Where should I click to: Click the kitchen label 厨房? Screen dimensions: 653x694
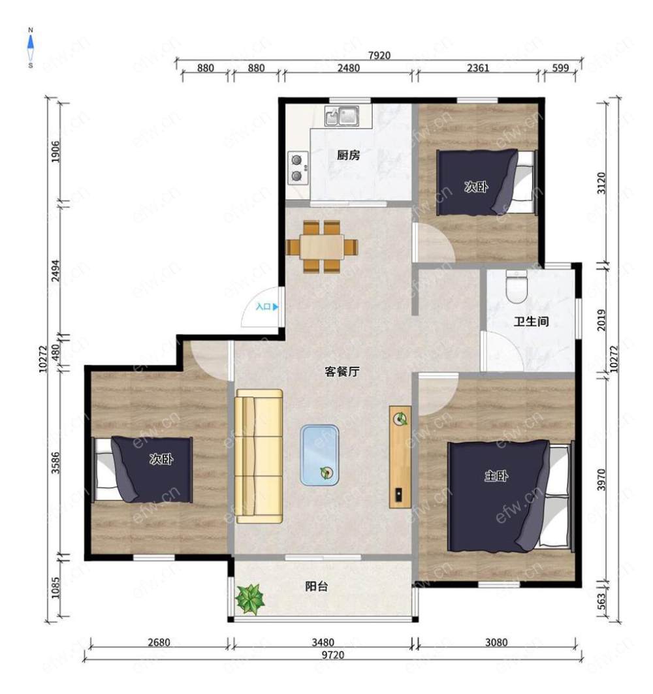(349, 155)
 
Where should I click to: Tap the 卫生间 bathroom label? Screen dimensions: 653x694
(532, 321)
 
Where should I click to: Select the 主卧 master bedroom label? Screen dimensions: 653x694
(496, 476)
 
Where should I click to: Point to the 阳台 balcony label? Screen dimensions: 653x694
(317, 586)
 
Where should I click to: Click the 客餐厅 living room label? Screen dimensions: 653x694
(342, 371)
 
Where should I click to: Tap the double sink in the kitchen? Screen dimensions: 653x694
(342, 116)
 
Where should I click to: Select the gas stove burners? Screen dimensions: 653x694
(298, 168)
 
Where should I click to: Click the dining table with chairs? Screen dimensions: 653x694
(322, 247)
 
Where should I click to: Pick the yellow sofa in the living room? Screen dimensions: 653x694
(259, 456)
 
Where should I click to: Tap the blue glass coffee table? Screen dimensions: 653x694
(319, 455)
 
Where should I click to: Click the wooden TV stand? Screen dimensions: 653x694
(400, 457)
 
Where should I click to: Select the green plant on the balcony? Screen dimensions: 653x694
(250, 599)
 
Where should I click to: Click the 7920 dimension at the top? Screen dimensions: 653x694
(379, 55)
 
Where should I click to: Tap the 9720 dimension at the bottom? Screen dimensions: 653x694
(333, 655)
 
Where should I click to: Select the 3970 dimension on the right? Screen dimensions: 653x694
(601, 480)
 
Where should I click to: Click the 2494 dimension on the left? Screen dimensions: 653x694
(55, 270)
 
